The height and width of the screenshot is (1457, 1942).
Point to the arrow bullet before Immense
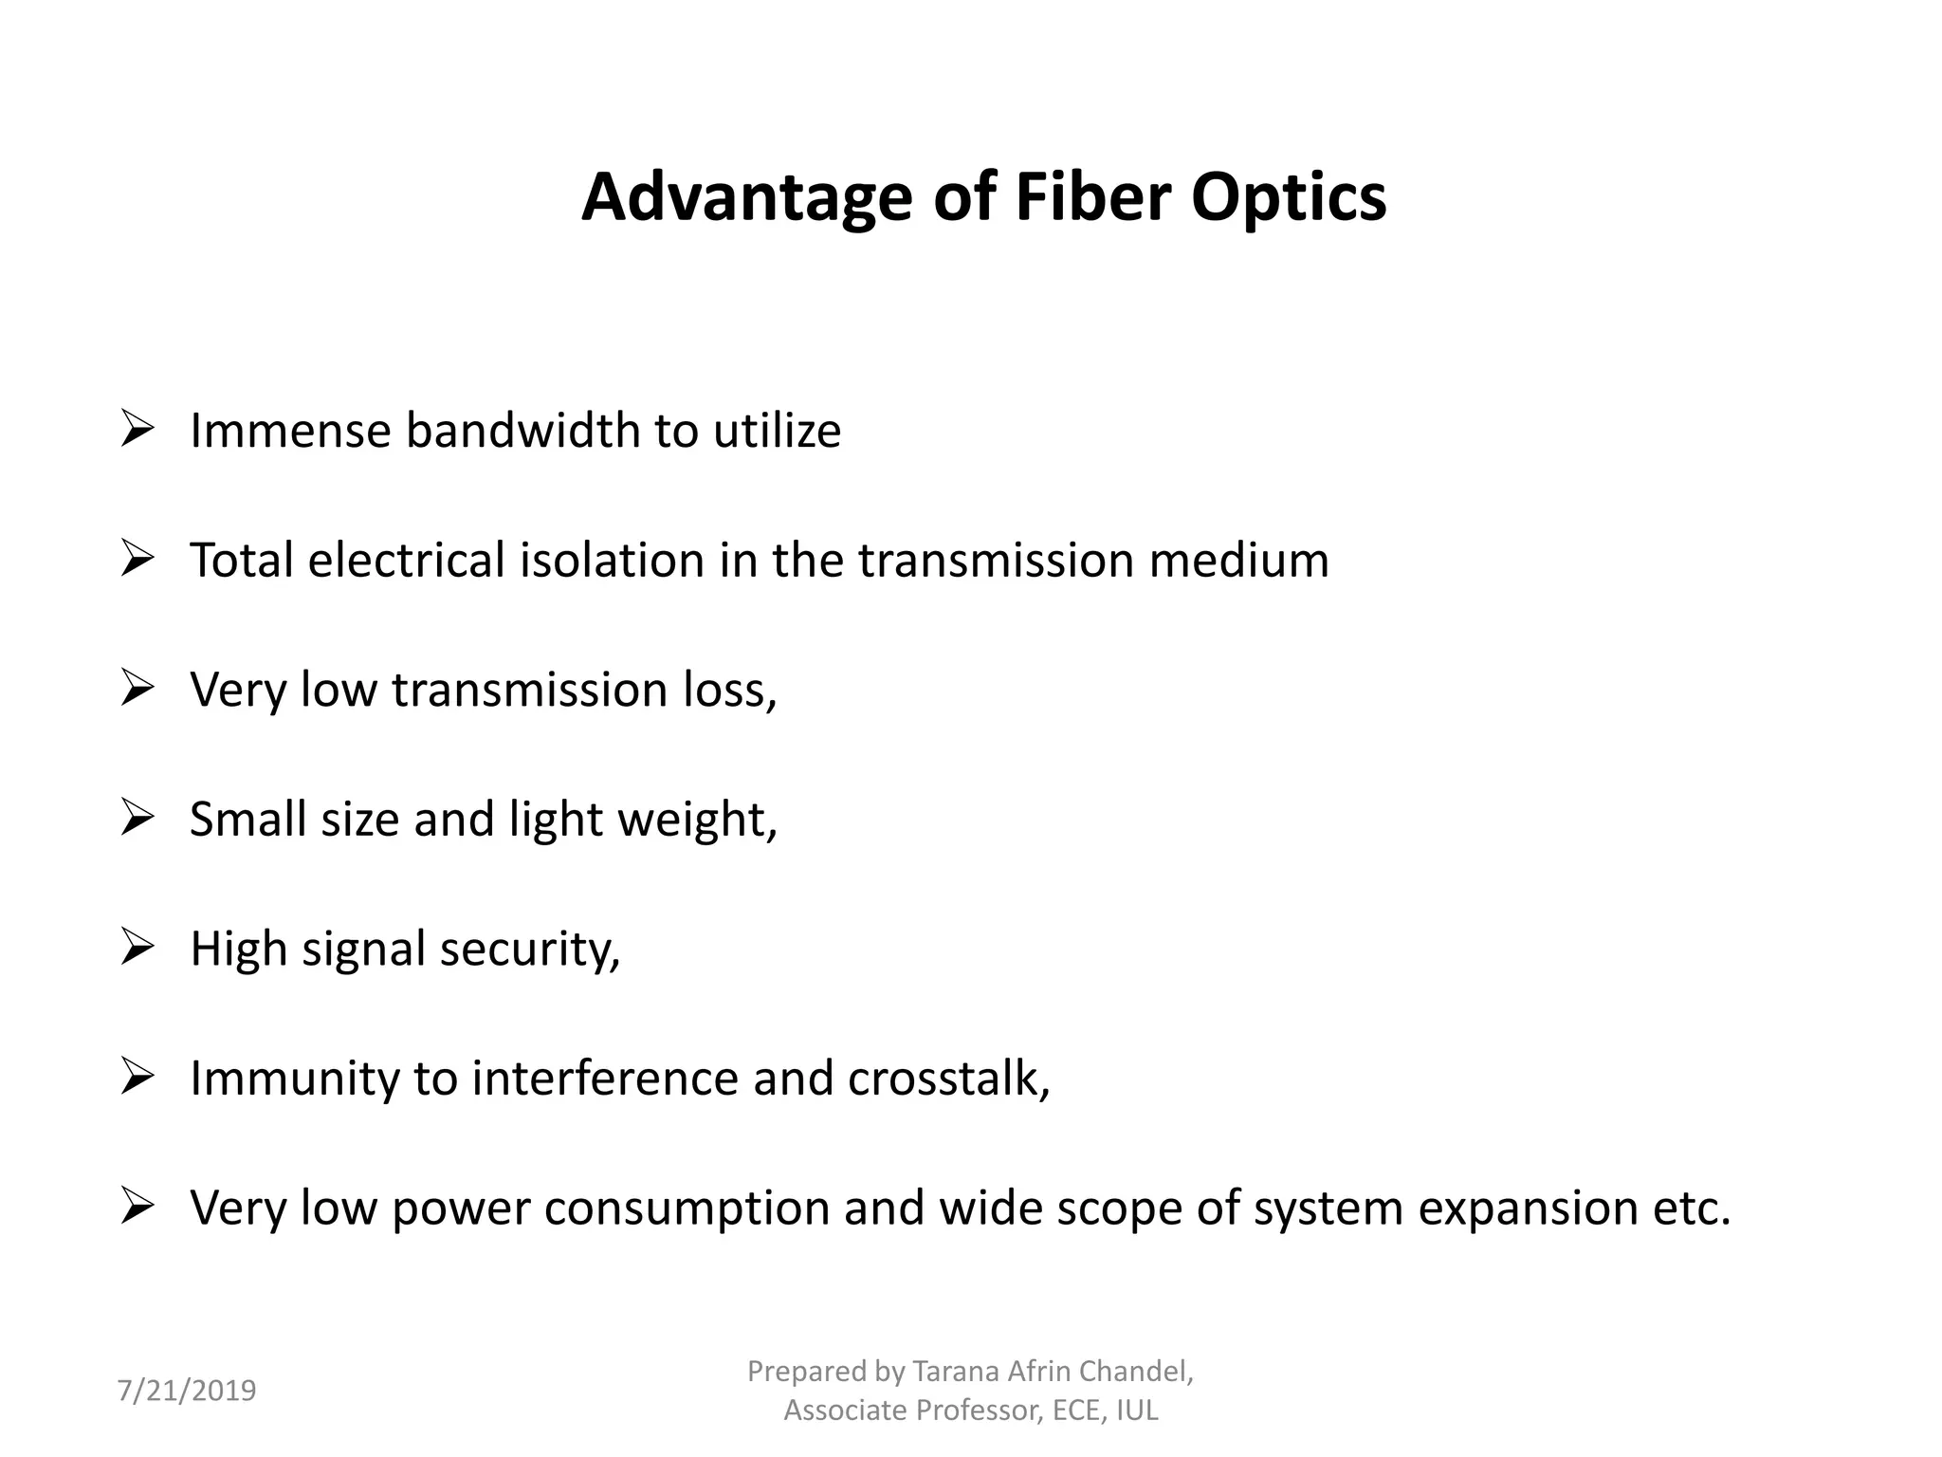pos(137,430)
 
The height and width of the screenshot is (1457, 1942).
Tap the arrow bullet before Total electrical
pos(137,559)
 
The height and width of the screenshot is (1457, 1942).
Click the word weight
pos(696,820)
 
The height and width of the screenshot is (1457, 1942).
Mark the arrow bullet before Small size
pos(137,818)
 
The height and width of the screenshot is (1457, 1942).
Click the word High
pos(238,949)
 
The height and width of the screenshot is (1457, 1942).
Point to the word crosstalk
pos(947,1079)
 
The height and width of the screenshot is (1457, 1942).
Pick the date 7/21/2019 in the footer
pos(187,1391)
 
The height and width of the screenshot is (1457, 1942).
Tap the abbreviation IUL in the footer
pos(1137,1411)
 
